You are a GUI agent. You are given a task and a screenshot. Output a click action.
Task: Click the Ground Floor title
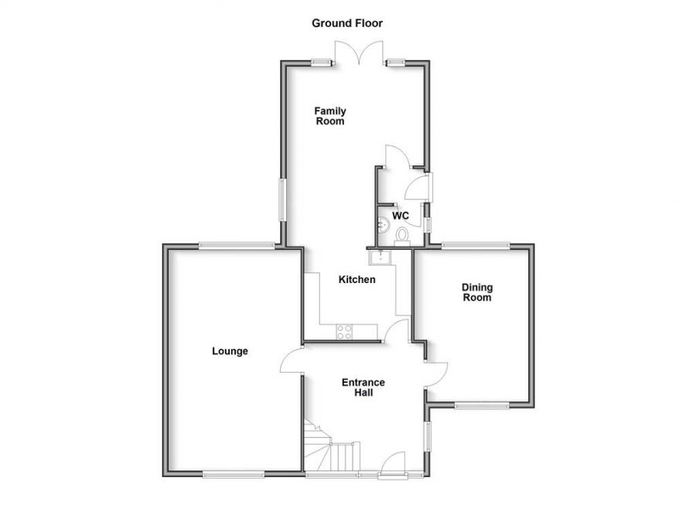[347, 23]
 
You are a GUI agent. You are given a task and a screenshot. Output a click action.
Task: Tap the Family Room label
[329, 116]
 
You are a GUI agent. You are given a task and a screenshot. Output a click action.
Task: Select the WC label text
[401, 215]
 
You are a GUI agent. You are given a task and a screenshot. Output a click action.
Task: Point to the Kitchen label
[357, 279]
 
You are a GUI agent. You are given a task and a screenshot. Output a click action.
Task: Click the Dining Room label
[477, 292]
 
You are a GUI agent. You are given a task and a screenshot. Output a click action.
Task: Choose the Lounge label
[230, 351]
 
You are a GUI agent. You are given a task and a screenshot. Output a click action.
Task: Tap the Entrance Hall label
[363, 387]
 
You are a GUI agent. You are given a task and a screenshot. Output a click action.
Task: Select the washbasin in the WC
[382, 225]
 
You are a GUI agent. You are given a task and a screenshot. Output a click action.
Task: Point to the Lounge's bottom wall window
[234, 473]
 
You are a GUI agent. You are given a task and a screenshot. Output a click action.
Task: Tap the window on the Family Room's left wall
[282, 199]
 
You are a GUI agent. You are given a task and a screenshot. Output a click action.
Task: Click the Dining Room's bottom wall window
[482, 404]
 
